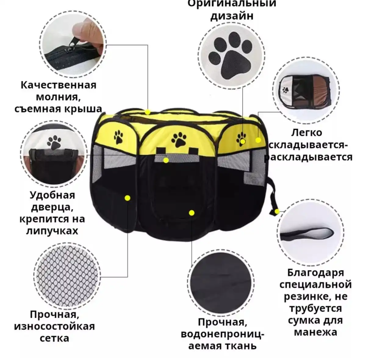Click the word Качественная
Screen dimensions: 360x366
(58, 85)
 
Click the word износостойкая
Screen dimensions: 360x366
(54, 326)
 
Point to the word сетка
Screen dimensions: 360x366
(54, 338)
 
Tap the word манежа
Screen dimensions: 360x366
(315, 332)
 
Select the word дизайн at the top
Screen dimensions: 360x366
(231, 16)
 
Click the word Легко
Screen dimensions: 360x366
(307, 133)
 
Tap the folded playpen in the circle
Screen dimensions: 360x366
(305, 91)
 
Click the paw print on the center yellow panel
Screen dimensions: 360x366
(179, 139)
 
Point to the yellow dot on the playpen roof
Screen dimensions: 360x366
(148, 112)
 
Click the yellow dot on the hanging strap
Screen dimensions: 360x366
(277, 211)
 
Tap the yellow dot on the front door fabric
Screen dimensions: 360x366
(191, 213)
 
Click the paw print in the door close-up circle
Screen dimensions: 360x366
(54, 142)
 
